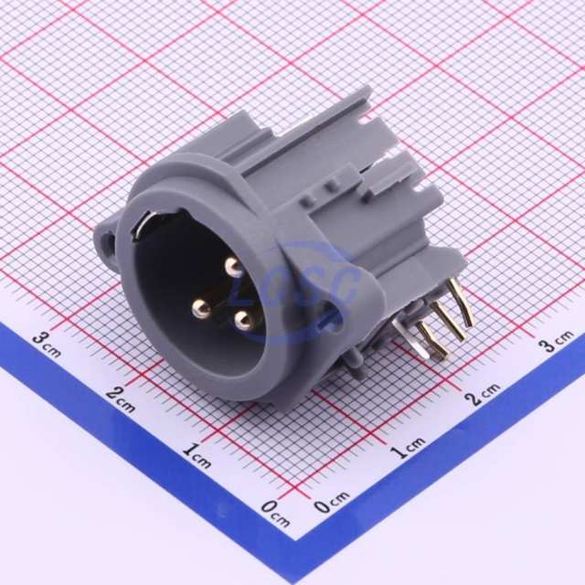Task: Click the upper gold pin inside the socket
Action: click(x=235, y=267)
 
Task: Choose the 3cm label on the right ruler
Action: click(x=556, y=344)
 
